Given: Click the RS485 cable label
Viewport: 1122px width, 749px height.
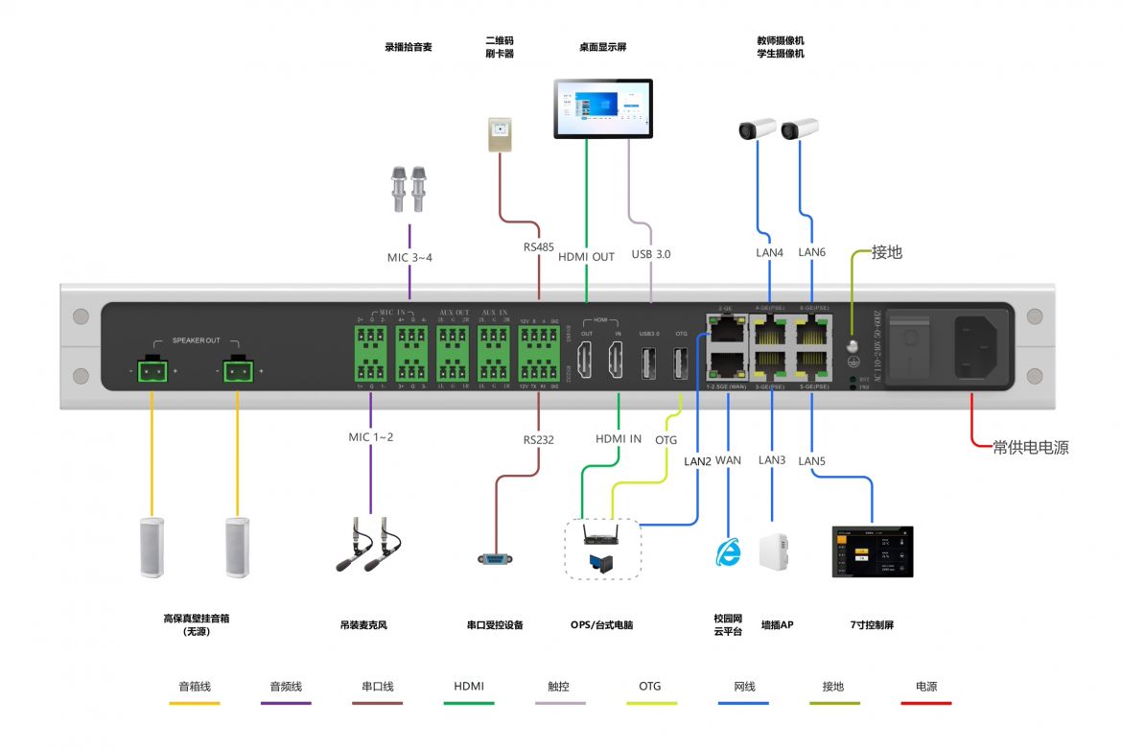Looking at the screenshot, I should point(538,247).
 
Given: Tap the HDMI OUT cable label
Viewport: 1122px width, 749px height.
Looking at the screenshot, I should point(585,257).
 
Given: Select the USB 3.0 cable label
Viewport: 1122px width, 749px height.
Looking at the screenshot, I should point(651,255).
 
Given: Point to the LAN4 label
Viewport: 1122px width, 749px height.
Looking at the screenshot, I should point(769,253).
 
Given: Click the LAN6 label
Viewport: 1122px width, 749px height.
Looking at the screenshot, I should point(811,253).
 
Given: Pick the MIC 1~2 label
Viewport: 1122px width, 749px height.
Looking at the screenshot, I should point(370,437).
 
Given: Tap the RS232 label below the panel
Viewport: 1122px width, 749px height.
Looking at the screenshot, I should point(538,440).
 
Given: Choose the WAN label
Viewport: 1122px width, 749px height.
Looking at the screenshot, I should point(728,460).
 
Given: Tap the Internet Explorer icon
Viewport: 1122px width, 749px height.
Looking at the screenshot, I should point(729,551).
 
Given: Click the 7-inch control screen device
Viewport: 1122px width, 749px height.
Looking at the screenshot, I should point(872,551).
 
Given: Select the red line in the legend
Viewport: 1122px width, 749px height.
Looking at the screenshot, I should point(925,704).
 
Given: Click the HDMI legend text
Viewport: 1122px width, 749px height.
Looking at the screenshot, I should point(469,687).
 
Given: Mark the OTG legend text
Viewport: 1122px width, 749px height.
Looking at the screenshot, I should point(649,687).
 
